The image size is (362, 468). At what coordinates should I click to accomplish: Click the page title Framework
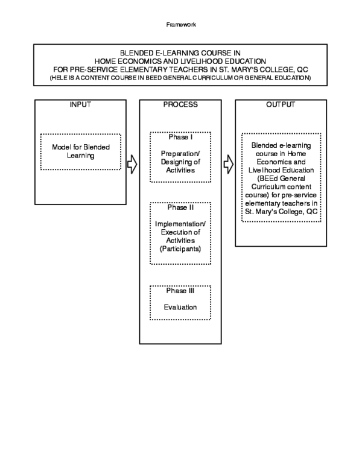(x=180, y=25)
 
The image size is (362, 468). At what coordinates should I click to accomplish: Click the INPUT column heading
(x=80, y=105)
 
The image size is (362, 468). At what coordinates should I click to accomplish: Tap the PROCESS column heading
(x=180, y=105)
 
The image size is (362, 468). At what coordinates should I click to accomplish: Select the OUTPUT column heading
(x=281, y=105)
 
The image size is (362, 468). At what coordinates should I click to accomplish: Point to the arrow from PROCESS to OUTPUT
(x=228, y=163)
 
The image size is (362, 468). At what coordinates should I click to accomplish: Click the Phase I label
(x=180, y=138)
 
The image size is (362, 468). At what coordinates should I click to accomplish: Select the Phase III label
(x=180, y=291)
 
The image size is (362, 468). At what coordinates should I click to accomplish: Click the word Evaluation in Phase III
(x=180, y=308)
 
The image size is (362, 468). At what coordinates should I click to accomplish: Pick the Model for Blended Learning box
(x=80, y=151)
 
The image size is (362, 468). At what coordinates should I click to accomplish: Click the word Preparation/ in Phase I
(x=180, y=154)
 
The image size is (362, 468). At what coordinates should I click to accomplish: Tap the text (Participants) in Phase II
(x=180, y=248)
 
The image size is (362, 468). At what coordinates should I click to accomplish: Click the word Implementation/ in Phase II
(x=180, y=224)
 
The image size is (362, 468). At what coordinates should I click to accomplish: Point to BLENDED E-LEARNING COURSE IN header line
(x=180, y=53)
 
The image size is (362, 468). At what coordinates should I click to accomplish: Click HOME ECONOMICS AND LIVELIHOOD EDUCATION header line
(x=180, y=61)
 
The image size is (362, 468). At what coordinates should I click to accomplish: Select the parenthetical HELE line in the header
(x=180, y=78)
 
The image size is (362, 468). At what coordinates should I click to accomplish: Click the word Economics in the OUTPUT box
(x=281, y=162)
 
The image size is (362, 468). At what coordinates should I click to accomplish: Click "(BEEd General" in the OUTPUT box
(x=281, y=179)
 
